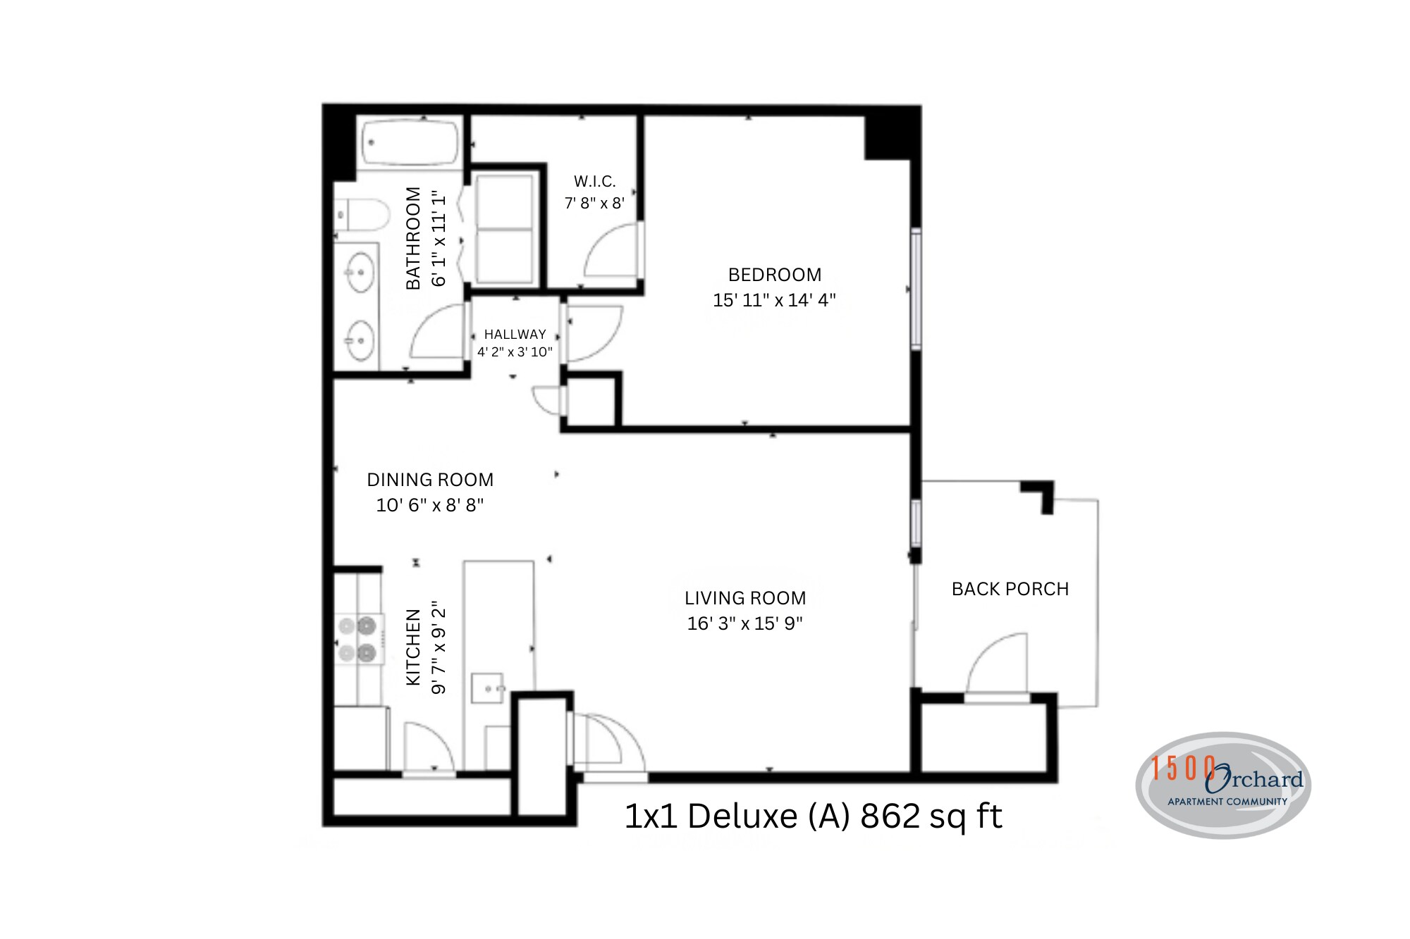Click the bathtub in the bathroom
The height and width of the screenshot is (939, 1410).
tap(410, 143)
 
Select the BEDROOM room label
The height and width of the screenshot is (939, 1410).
tap(774, 275)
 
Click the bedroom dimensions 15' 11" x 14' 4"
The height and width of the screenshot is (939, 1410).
tap(774, 300)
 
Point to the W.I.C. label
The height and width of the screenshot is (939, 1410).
tap(594, 182)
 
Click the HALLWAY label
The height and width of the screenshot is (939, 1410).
tap(515, 335)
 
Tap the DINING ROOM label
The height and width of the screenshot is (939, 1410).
tap(430, 480)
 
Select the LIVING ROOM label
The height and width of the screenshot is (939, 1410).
tap(745, 598)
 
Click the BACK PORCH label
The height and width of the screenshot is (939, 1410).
tap(1010, 589)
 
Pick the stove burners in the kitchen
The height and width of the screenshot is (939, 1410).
tap(357, 639)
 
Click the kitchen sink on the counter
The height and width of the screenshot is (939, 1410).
tap(487, 688)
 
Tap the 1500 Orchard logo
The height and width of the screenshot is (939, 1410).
tap(1223, 785)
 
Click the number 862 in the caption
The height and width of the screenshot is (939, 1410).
tap(890, 816)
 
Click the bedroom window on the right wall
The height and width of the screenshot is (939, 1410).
tap(915, 289)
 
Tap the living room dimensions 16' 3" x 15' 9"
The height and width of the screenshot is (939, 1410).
tap(745, 623)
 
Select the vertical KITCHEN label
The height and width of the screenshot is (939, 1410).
tap(413, 647)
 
